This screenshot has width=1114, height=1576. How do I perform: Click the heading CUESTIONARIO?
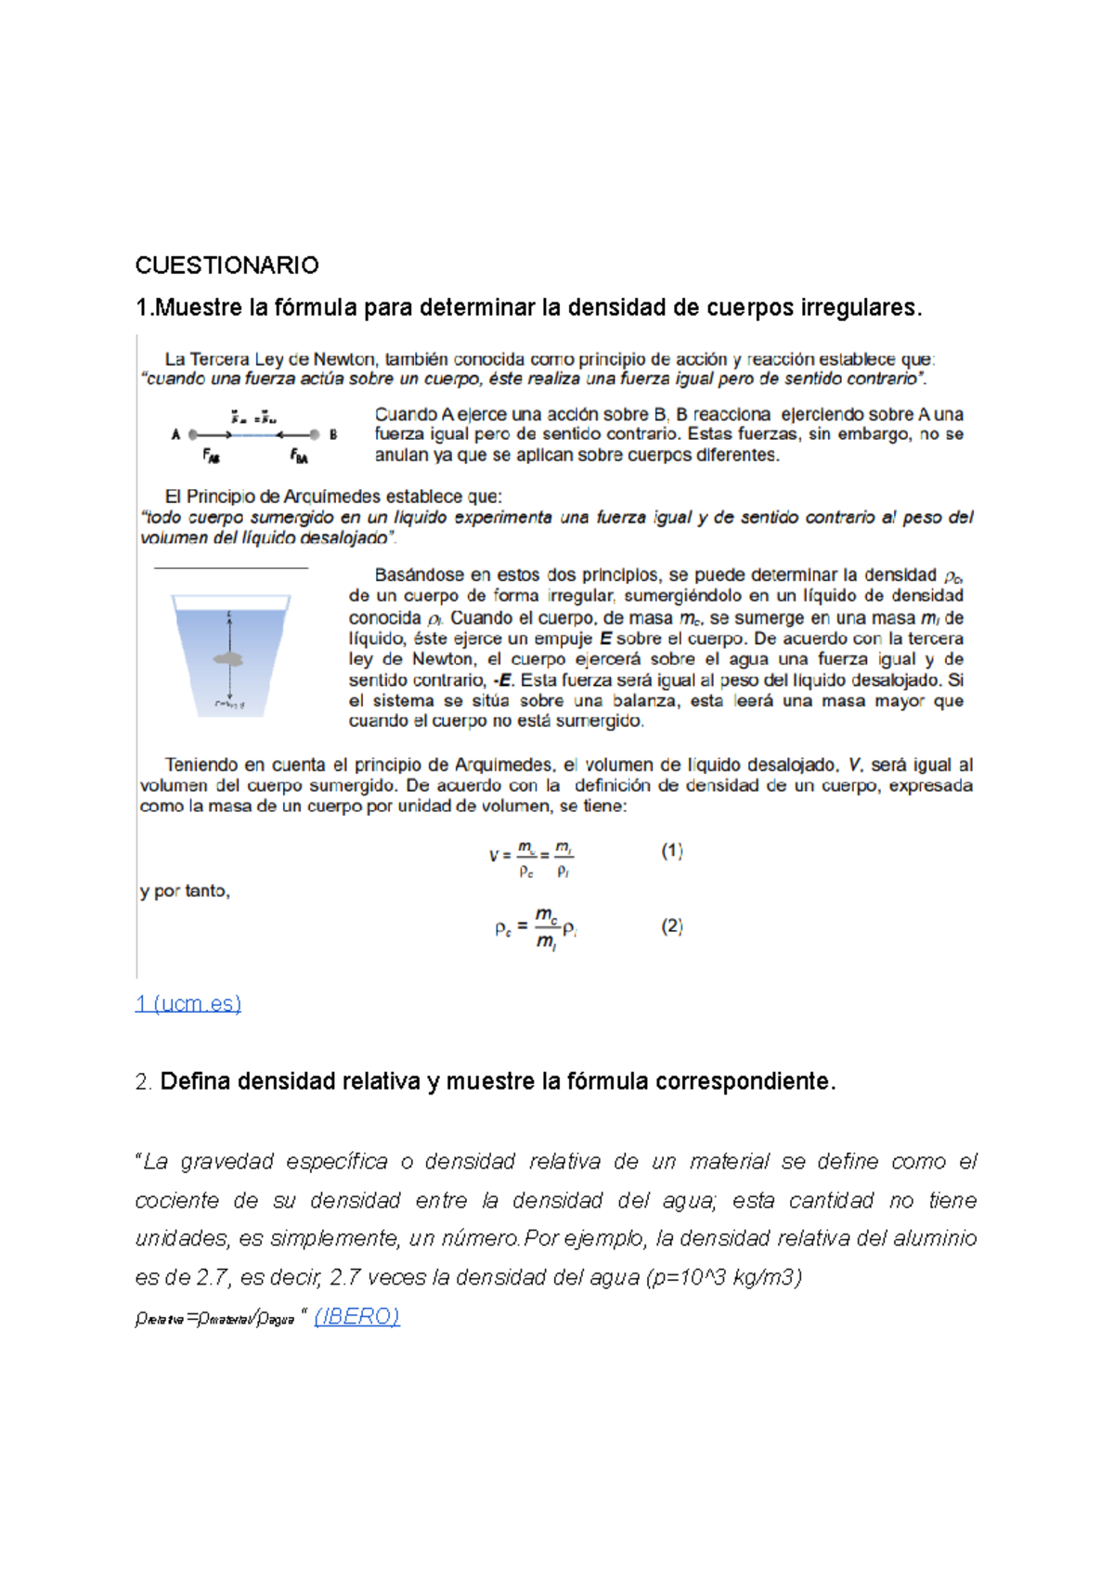pyautogui.click(x=227, y=265)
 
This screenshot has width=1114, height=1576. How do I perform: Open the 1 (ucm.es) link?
pyautogui.click(x=188, y=1003)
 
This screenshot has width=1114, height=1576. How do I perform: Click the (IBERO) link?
pyautogui.click(x=356, y=1316)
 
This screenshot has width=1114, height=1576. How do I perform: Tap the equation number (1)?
pyautogui.click(x=672, y=850)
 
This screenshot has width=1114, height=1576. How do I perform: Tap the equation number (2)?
pyautogui.click(x=672, y=925)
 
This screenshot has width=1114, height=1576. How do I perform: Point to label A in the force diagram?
pyautogui.click(x=175, y=433)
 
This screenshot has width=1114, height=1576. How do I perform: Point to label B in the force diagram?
pyautogui.click(x=333, y=433)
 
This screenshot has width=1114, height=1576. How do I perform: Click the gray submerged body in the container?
pyautogui.click(x=229, y=659)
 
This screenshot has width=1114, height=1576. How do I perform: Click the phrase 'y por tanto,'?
pyautogui.click(x=185, y=891)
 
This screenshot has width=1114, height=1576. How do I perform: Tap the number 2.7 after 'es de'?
pyautogui.click(x=213, y=1277)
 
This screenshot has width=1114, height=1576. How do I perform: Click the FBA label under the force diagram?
pyautogui.click(x=299, y=456)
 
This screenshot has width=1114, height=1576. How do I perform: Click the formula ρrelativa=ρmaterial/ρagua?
pyautogui.click(x=214, y=1318)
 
